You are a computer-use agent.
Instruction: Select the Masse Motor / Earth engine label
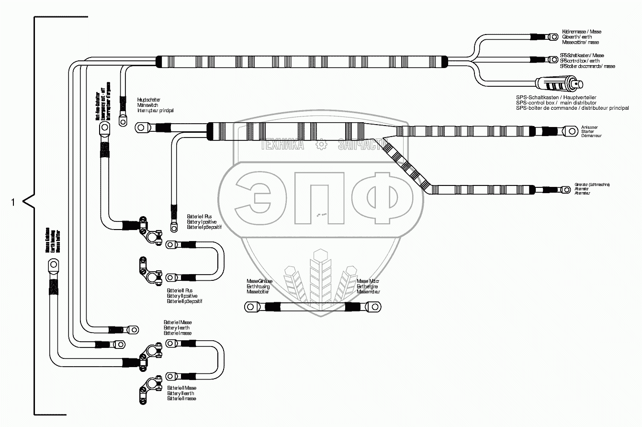click(368, 286)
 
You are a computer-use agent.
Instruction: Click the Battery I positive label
click(202, 222)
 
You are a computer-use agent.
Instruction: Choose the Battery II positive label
click(184, 296)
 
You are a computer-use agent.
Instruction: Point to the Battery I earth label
click(177, 328)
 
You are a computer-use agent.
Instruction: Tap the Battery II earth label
click(181, 393)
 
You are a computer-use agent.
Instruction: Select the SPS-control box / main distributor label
click(572, 103)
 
